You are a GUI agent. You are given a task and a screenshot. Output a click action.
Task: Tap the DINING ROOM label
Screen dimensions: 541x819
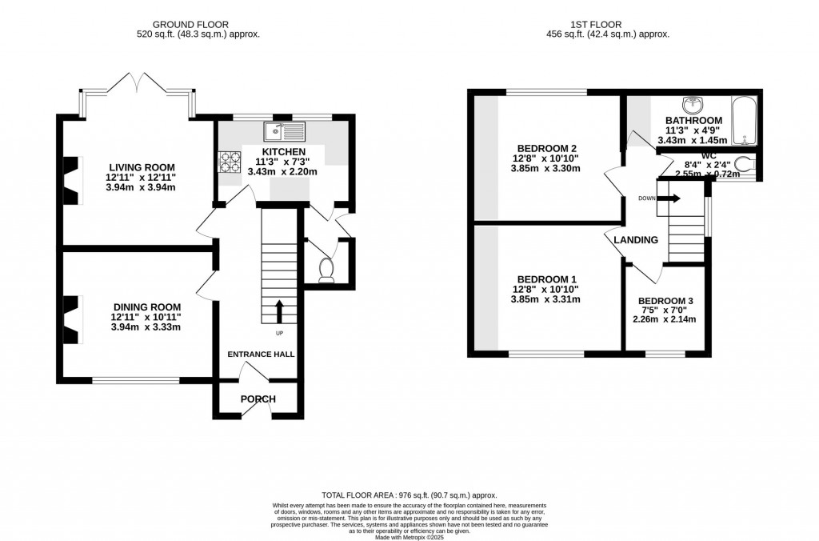tap(146, 307)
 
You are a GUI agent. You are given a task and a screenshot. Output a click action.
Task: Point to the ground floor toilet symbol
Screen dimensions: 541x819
tap(326, 270)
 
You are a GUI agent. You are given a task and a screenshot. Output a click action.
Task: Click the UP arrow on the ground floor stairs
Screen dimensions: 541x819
tap(279, 311)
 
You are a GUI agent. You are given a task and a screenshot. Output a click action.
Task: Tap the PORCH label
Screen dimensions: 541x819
tap(258, 399)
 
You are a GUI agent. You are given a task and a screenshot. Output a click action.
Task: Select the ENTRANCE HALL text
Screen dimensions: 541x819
tap(261, 354)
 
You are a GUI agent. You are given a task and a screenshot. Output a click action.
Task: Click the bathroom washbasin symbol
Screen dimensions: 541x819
tap(690, 105)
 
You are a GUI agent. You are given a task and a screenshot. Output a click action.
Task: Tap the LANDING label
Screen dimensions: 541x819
tap(636, 239)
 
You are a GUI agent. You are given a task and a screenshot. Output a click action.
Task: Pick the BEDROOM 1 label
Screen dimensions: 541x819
tap(547, 279)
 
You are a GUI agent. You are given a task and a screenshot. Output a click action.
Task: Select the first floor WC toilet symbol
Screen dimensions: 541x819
tap(743, 164)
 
